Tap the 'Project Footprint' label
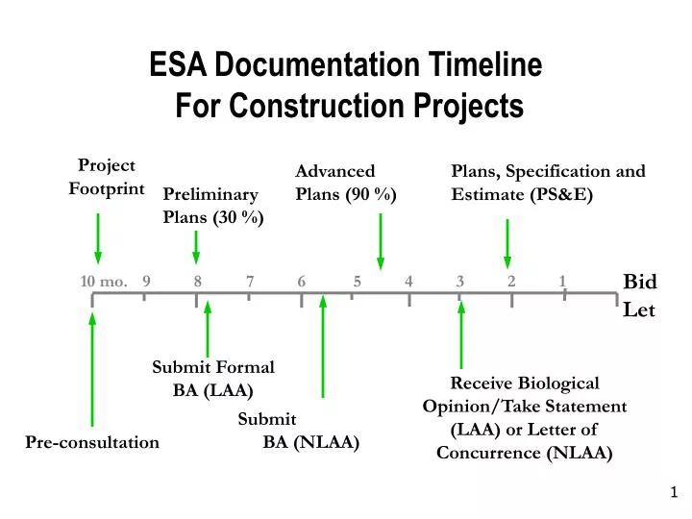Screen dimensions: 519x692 106,177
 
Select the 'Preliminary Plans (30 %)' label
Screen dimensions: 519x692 213,206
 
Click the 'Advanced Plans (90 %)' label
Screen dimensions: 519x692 345,183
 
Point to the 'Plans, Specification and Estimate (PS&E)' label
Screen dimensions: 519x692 548,183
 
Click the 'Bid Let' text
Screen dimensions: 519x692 639,295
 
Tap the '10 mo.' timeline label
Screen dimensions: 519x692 104,281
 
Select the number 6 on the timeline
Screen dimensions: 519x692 302,281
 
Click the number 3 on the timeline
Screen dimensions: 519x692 460,281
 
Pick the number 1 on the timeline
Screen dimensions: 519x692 562,281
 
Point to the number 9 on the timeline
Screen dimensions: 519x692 145,281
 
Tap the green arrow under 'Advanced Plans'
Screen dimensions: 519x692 381,241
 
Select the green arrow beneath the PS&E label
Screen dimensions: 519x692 507,244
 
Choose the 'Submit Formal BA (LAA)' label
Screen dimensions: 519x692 212,378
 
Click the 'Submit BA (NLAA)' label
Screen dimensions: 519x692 298,431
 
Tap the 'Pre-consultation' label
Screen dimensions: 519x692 92,442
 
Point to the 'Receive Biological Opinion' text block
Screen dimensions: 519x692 525,417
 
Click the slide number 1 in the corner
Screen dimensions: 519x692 674,492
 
